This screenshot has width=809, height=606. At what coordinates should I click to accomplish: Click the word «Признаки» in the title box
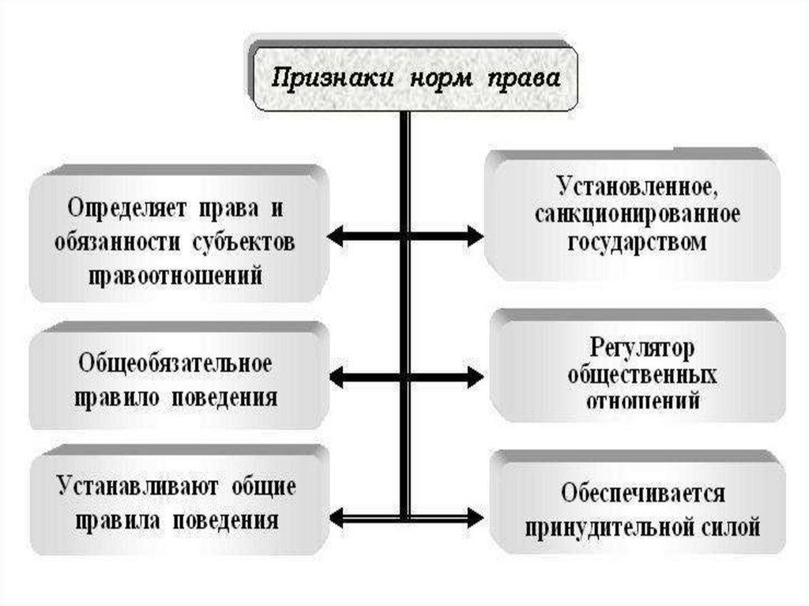coord(332,79)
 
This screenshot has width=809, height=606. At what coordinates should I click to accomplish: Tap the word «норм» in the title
coord(435,79)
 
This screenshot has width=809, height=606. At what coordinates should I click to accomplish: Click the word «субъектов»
coord(243,243)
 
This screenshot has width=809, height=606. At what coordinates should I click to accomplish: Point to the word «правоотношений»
coord(176,276)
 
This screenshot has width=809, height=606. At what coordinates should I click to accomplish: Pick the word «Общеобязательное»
coord(175,364)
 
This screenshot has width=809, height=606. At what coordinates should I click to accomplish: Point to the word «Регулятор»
coord(641,348)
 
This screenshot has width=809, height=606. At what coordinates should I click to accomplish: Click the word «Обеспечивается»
coord(643,493)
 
